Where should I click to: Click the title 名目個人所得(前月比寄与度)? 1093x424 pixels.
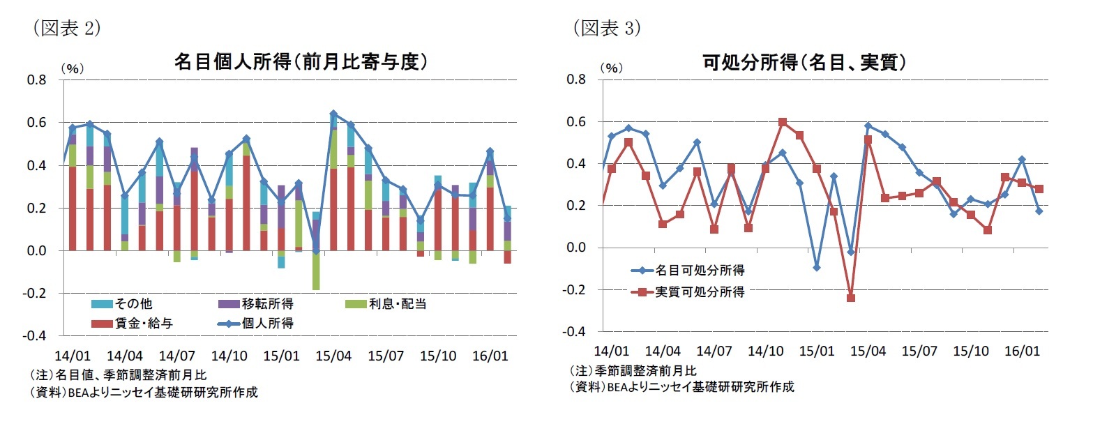click(300, 62)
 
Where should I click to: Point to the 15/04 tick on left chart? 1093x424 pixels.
click(333, 356)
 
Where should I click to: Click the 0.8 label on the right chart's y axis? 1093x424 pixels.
click(576, 79)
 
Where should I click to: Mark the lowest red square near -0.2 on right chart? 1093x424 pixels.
click(850, 298)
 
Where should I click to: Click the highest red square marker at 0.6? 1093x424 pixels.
click(783, 122)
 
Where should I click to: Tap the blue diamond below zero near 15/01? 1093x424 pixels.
click(816, 268)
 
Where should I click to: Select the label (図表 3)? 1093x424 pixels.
click(606, 28)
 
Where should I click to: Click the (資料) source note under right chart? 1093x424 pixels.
click(681, 386)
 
